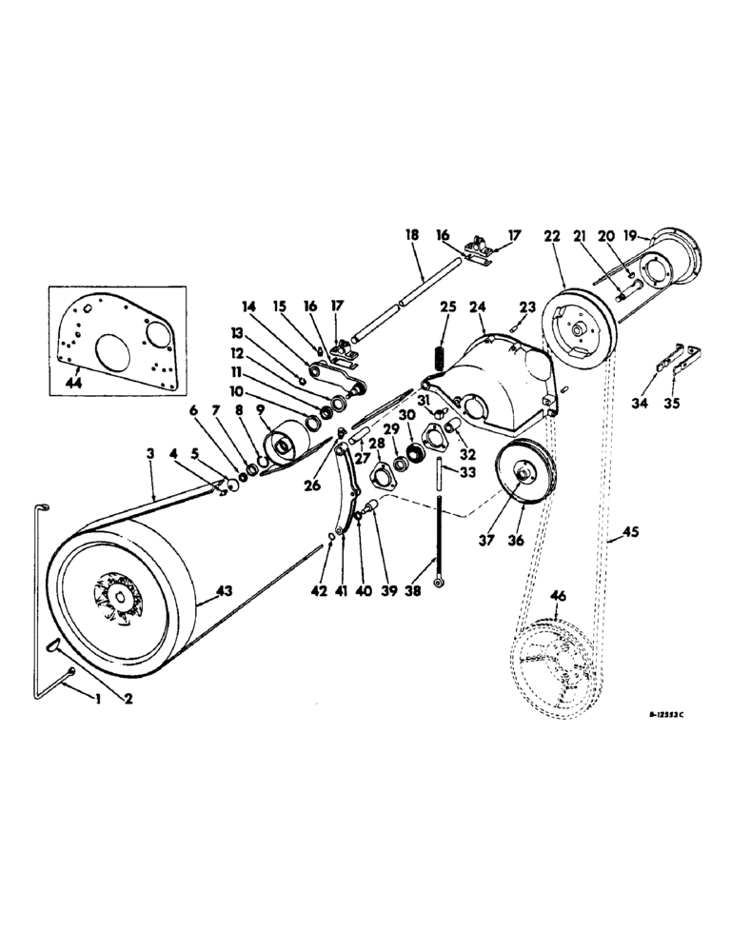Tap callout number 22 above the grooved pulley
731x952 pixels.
click(553, 235)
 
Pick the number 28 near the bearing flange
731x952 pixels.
click(378, 444)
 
